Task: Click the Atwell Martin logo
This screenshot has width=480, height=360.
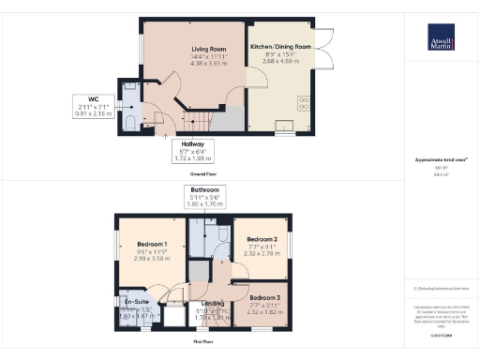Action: (x=438, y=43)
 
